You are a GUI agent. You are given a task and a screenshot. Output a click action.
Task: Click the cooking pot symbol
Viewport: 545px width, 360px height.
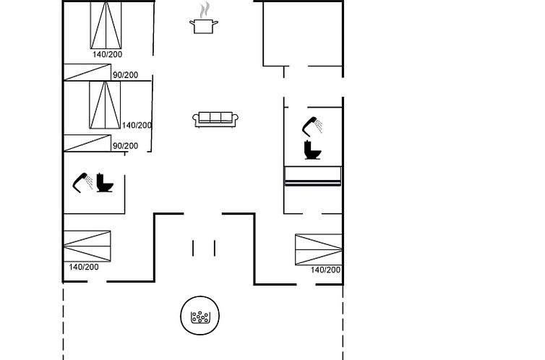204,27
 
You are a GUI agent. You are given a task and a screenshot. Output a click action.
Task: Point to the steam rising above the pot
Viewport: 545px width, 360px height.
205,9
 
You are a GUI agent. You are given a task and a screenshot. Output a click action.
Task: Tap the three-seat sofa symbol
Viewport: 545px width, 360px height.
215,119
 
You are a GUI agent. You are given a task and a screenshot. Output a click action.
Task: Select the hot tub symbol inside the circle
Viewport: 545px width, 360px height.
200,317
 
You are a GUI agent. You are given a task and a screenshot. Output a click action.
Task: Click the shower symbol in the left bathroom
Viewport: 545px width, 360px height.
82,182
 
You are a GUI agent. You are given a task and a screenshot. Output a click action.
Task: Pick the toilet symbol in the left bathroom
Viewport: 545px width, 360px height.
105,183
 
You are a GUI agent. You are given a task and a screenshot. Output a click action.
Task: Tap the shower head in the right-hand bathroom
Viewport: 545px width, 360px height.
312,127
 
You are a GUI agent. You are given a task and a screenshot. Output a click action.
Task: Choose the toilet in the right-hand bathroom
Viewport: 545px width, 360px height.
312,150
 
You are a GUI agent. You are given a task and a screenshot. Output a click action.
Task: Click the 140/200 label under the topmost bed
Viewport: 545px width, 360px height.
108,54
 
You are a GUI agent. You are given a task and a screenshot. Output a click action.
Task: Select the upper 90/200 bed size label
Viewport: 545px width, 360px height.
125,75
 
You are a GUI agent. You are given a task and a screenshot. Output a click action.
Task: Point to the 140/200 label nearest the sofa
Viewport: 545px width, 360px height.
137,125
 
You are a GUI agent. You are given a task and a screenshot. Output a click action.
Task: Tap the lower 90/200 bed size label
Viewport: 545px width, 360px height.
125,146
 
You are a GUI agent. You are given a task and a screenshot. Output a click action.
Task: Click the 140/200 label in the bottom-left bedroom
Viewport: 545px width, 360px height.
84,267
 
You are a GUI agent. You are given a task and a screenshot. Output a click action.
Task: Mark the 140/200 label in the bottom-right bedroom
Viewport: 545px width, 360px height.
326,270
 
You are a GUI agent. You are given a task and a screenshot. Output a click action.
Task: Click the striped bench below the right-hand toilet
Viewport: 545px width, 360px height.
313,176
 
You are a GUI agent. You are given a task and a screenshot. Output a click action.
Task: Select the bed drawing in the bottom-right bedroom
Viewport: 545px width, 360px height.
319,249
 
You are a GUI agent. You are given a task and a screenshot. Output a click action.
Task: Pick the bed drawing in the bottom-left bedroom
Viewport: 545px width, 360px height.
87,246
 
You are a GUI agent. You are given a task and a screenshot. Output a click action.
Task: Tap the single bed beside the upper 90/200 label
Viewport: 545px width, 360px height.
87,72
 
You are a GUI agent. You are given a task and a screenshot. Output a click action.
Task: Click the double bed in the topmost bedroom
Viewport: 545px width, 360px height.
106,25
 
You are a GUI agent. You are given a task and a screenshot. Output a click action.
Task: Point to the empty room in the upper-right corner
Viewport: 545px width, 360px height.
303,34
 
